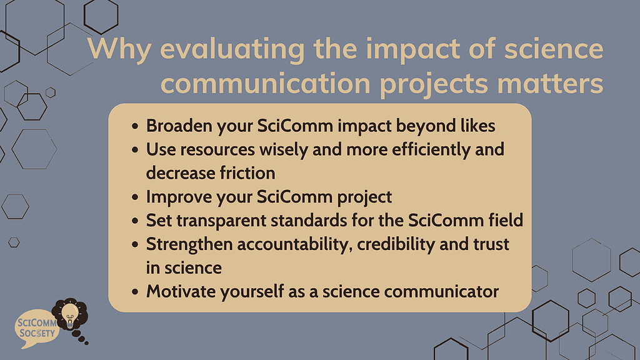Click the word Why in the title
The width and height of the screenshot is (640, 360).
point(114,49)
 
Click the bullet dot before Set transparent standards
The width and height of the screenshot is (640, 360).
point(136,221)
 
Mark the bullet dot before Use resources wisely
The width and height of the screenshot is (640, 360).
point(136,150)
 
